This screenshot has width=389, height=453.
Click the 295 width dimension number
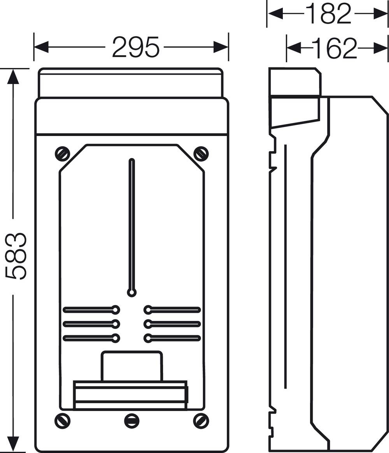136,47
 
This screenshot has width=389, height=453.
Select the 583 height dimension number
16,256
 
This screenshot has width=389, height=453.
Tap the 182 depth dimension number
328,14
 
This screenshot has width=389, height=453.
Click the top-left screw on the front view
62,154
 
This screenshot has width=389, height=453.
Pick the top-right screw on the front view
201,154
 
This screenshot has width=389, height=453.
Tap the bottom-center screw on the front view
131,421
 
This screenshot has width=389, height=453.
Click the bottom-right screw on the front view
201,421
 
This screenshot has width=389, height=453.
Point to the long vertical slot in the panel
132,225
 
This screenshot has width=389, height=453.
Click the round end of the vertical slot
132,293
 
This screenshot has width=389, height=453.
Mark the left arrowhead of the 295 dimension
40,47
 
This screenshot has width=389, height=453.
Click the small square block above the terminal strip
131,366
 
